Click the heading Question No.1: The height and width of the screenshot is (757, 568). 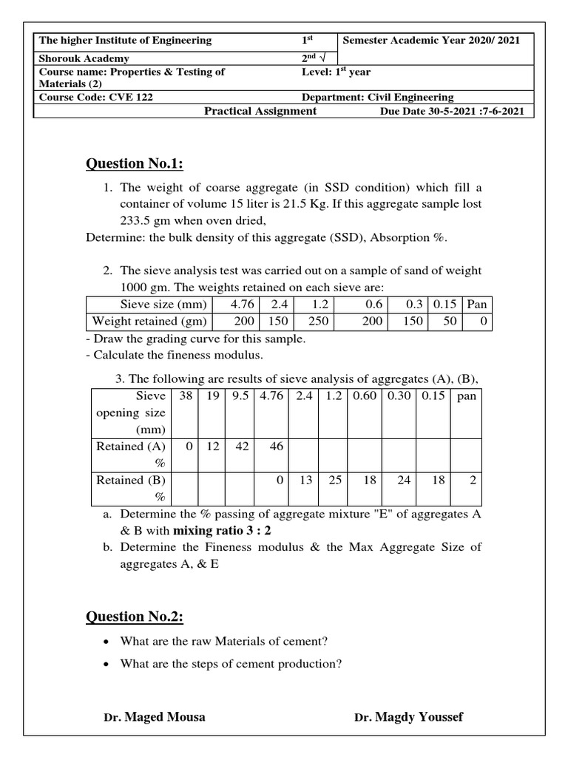coord(135,163)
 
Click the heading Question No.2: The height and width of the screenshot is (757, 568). coord(135,617)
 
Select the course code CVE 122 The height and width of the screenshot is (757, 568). coord(96,97)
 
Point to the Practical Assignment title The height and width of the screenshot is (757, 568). coord(260,111)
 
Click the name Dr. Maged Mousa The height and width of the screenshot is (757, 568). coord(155,716)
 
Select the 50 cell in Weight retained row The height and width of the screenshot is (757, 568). coord(449,321)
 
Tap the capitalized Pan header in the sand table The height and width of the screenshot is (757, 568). coord(477,304)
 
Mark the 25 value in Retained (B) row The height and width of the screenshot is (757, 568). coord(335,480)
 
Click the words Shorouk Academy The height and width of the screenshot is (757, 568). coord(84,58)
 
